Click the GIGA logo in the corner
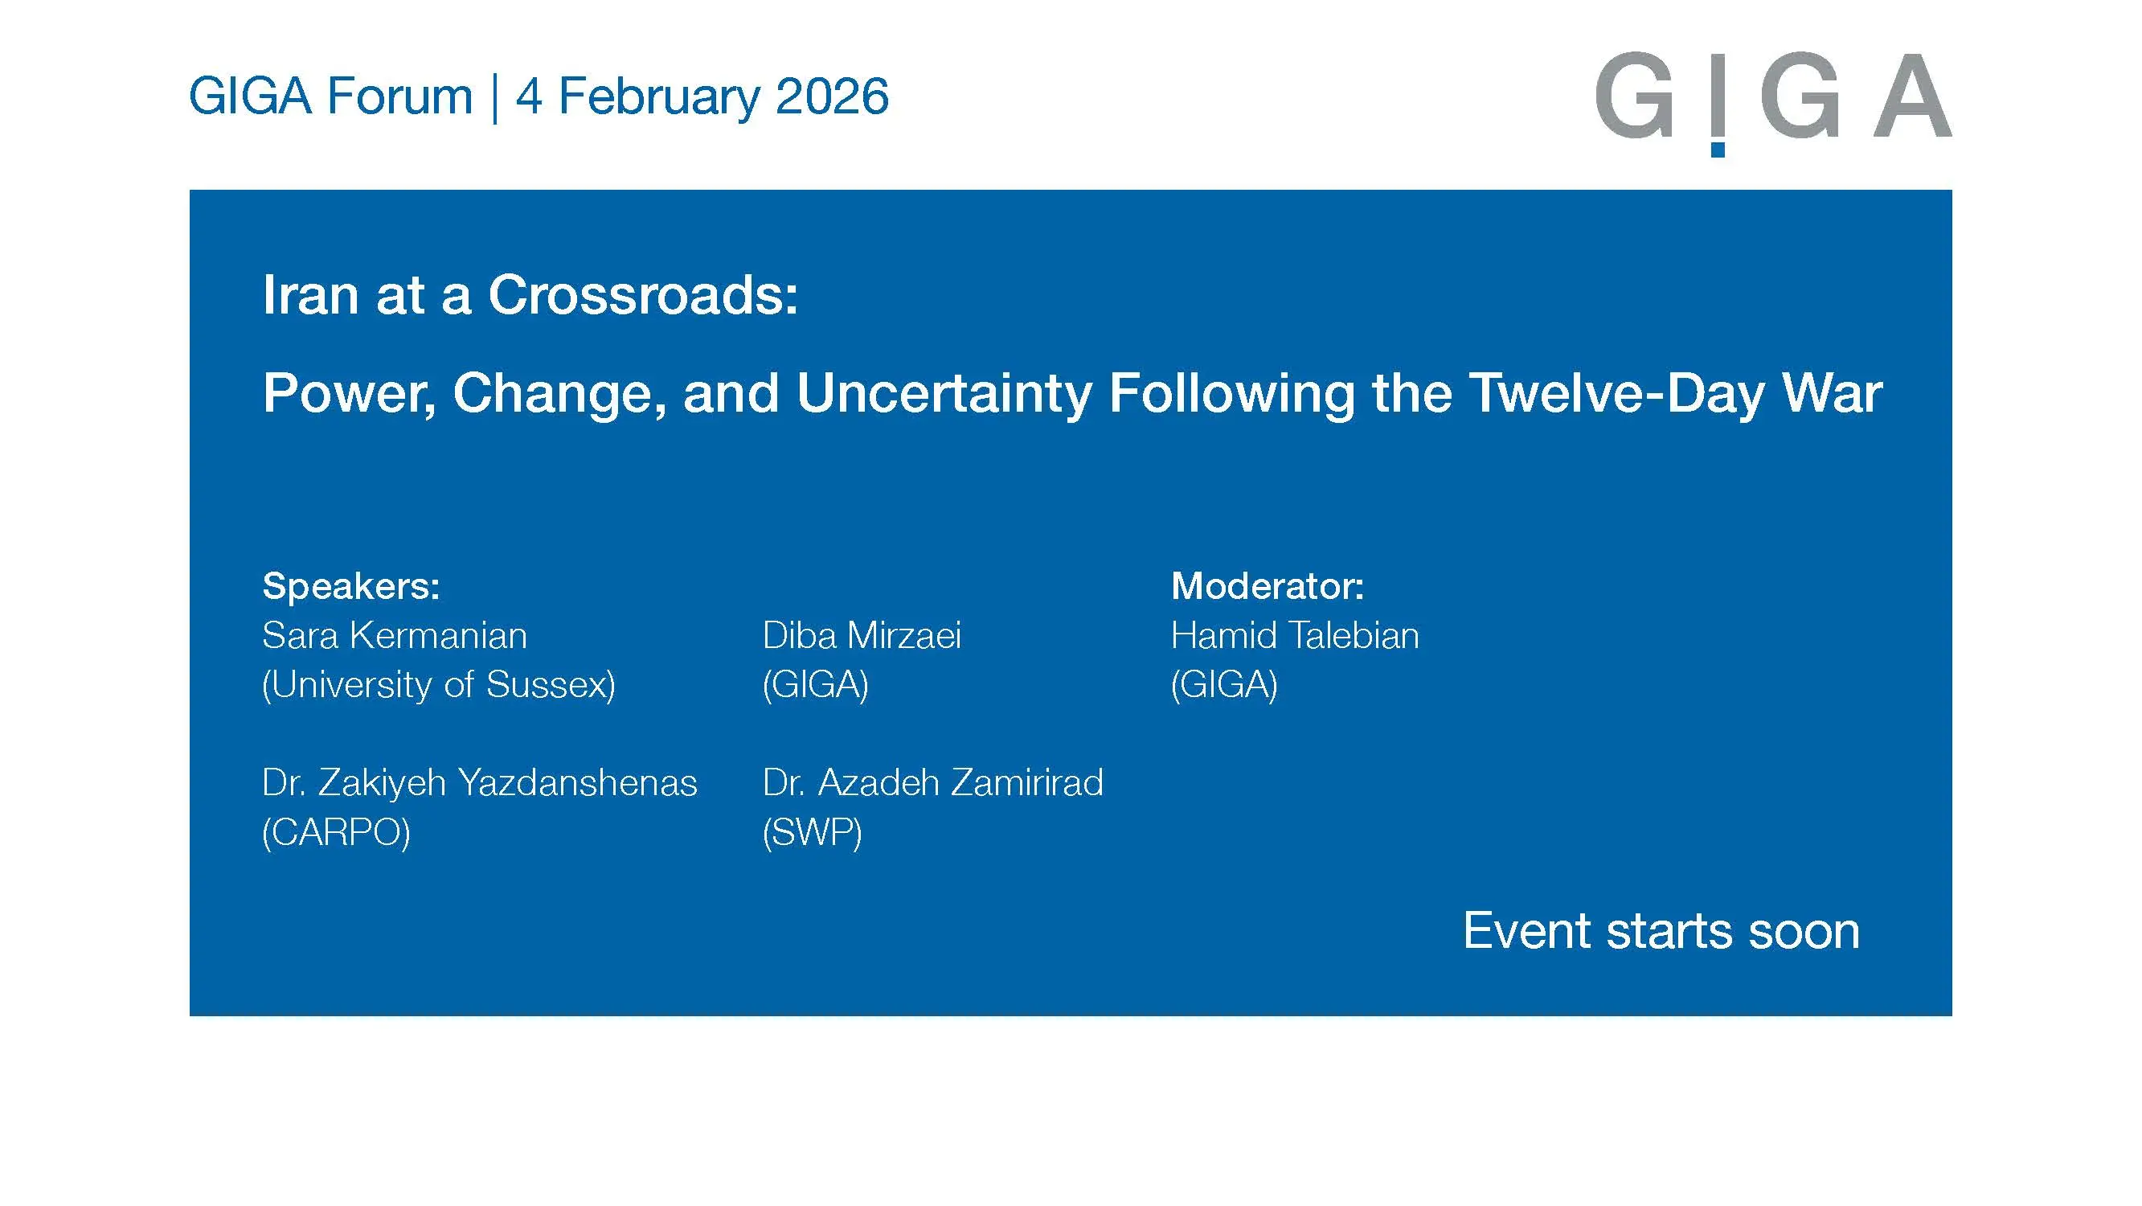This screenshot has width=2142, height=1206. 1773,98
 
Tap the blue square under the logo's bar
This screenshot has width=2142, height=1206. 1718,150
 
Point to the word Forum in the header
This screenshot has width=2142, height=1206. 400,96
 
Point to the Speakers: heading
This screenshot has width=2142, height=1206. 351,585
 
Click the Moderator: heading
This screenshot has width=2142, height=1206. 1268,585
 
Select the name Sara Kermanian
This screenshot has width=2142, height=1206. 394,635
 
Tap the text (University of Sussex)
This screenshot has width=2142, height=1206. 438,684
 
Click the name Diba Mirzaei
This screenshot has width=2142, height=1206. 862,635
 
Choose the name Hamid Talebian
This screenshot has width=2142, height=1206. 1295,635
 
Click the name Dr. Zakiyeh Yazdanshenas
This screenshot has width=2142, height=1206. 479,782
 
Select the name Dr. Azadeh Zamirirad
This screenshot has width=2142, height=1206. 932,782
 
